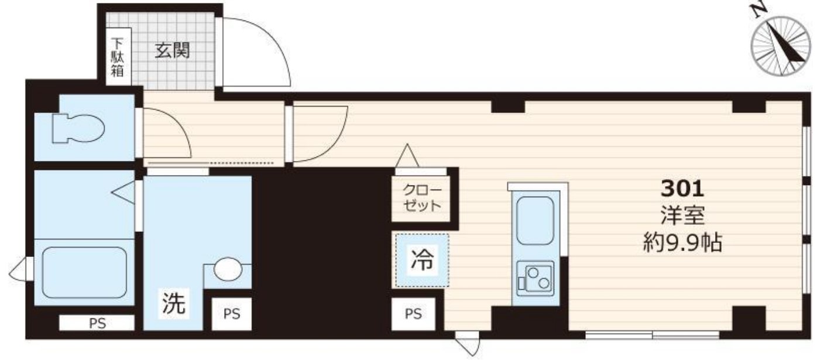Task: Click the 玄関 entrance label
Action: point(171,51)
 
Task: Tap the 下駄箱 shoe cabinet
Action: point(118,57)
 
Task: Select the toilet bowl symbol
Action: point(78,128)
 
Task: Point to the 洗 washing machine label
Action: point(173,304)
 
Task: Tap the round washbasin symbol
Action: point(228,269)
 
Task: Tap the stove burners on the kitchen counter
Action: point(535,279)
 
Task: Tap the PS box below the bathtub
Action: point(97,323)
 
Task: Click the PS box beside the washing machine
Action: point(231,314)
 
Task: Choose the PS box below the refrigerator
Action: point(413,314)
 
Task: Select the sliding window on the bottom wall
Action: point(652,335)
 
